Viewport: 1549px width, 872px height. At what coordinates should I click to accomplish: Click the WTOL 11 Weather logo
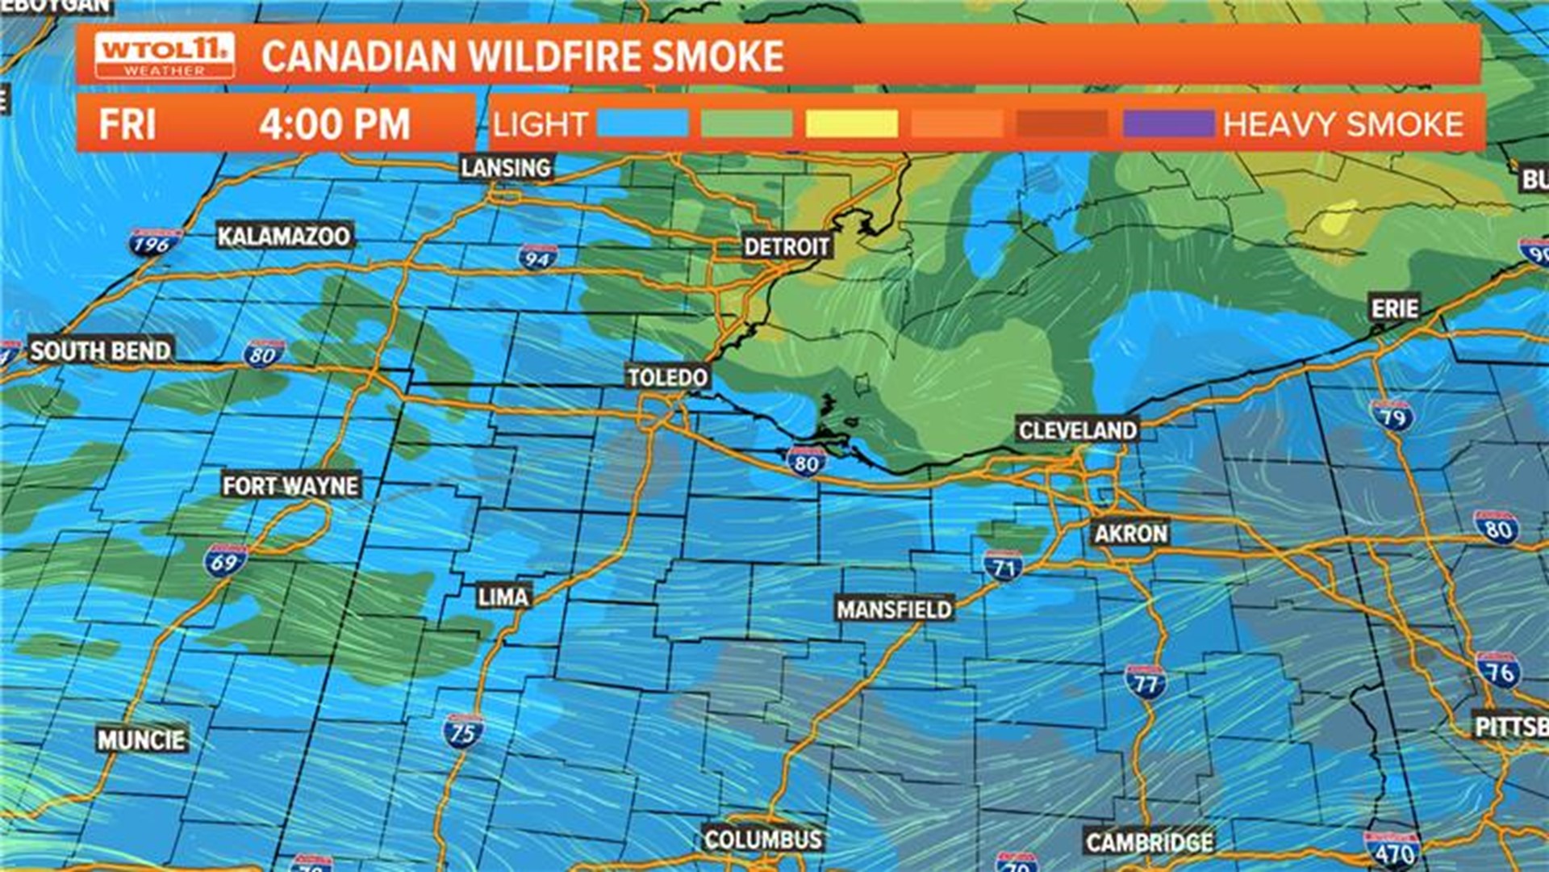pos(165,56)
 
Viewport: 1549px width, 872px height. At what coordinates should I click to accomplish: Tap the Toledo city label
pos(667,377)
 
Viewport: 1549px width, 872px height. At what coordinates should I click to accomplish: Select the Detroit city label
pos(787,246)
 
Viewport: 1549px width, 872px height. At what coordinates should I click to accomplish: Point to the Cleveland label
pos(1077,430)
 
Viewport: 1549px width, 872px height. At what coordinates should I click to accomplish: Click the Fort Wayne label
pos(290,485)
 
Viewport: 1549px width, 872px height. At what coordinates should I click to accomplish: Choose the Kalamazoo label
pos(284,236)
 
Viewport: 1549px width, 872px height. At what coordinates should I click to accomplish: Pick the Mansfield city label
pos(894,609)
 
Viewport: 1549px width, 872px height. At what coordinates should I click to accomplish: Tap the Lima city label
pos(503,597)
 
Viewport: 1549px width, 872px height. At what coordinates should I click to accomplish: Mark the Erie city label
pos(1394,308)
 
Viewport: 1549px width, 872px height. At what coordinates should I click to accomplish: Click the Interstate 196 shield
pos(153,243)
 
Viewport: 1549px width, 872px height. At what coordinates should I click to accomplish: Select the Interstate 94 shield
pos(537,257)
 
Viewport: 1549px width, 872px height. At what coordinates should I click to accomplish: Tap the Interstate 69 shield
pos(225,560)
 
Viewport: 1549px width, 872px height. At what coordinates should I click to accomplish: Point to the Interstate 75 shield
pos(463,732)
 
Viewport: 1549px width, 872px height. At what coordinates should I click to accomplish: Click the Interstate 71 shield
pos(1003,566)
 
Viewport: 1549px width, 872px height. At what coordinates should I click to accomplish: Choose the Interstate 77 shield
pos(1145,682)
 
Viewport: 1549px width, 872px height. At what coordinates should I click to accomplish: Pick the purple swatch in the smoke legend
pos(1168,124)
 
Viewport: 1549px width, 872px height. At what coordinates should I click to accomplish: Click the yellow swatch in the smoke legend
pos(851,124)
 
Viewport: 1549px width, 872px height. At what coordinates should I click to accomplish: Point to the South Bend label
pos(101,350)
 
